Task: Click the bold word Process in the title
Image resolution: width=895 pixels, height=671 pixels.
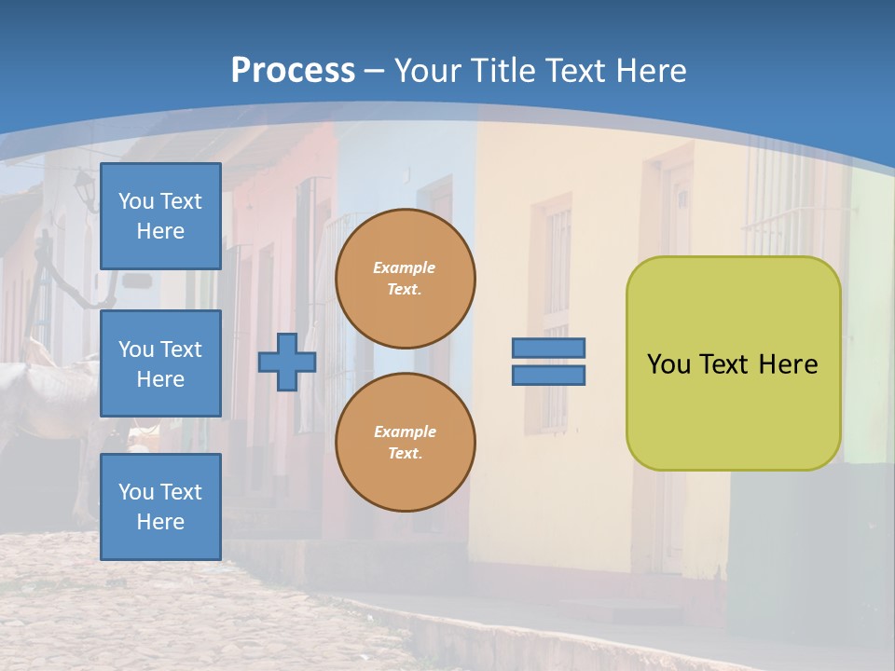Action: tap(293, 70)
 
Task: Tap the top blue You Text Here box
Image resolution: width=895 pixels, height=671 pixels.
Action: tap(160, 216)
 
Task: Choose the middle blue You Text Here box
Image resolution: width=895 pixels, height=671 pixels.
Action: tap(160, 363)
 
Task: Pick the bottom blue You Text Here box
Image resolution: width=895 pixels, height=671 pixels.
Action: tap(160, 506)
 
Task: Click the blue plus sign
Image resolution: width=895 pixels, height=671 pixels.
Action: tap(287, 362)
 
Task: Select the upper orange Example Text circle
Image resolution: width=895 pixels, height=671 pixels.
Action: tap(406, 278)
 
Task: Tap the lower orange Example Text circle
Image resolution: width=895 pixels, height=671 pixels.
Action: tap(406, 442)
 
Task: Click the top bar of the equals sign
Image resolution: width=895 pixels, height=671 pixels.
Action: tap(548, 348)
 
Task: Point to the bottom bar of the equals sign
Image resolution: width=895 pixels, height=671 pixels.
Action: tap(548, 375)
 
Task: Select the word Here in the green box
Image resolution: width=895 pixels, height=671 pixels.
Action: tap(788, 364)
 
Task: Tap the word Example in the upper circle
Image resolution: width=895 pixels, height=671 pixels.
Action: tap(405, 267)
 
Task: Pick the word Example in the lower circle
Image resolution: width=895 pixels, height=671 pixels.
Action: tap(405, 431)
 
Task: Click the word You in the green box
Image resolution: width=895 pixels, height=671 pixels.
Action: tap(668, 364)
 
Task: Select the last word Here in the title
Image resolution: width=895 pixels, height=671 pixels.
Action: tap(653, 70)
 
